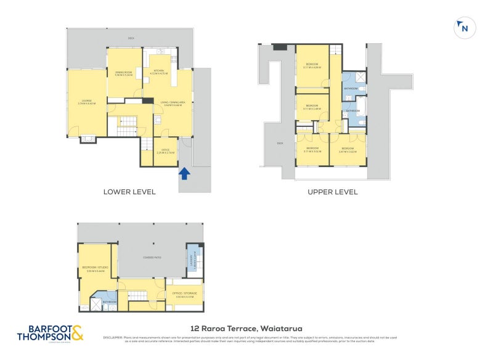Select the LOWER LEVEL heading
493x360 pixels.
click(x=129, y=192)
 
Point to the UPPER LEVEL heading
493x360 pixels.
click(x=333, y=192)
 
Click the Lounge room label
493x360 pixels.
click(x=86, y=102)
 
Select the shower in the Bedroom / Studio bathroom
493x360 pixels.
click(x=97, y=304)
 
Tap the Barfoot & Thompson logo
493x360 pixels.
click(x=49, y=333)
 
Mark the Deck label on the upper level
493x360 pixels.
click(x=280, y=143)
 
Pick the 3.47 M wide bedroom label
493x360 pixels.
click(x=348, y=150)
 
